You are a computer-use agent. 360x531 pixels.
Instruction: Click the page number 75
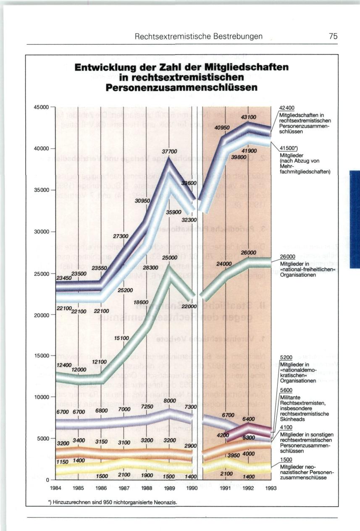pyautogui.click(x=333, y=37)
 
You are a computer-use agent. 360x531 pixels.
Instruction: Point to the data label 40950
pyautogui.click(x=222, y=128)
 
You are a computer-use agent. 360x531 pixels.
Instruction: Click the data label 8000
pyautogui.click(x=169, y=401)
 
